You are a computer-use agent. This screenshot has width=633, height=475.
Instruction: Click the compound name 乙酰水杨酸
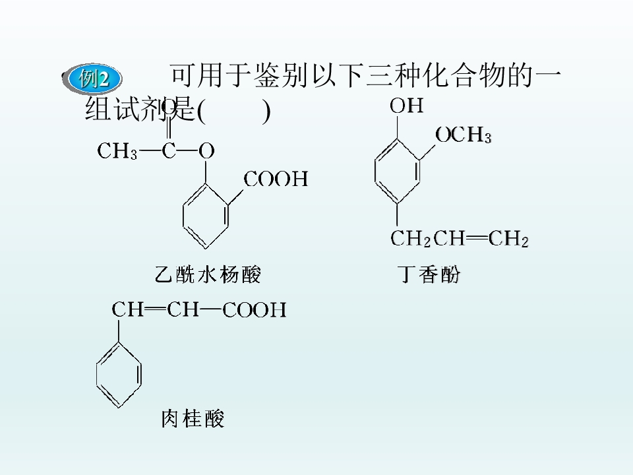click(x=208, y=274)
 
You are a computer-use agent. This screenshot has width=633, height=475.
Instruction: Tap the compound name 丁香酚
click(x=429, y=274)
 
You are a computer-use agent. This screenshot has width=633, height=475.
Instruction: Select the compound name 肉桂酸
click(x=193, y=418)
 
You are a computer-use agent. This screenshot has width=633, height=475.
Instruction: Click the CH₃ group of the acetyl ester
click(x=117, y=151)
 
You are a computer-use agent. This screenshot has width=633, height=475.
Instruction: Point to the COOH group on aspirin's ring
click(x=276, y=179)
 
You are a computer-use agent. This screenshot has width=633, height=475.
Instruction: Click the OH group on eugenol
click(x=407, y=106)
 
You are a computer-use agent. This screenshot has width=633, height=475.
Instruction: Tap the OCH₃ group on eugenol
click(x=464, y=135)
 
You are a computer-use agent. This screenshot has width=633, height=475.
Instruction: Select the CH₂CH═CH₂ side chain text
click(x=460, y=238)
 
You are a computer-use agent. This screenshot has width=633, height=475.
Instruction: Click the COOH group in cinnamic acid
click(x=255, y=310)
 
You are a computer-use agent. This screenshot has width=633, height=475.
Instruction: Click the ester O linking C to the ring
click(x=206, y=151)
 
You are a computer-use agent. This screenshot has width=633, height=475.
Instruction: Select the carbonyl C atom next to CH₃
click(x=169, y=151)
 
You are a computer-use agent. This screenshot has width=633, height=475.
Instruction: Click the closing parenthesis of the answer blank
click(x=266, y=111)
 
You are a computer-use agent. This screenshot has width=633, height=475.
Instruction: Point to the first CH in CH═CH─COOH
click(x=127, y=310)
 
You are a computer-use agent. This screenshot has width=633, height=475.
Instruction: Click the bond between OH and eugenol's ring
click(x=398, y=127)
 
